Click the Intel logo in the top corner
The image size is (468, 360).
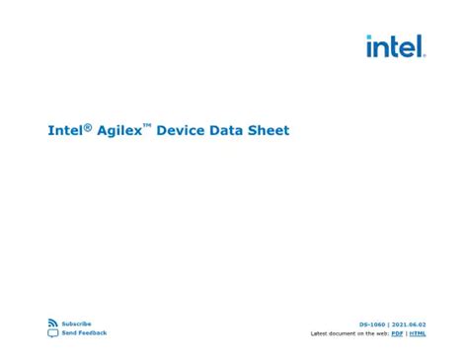(395, 46)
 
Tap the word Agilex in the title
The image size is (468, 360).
(117, 130)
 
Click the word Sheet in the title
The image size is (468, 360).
(271, 130)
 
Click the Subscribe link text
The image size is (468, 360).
(76, 324)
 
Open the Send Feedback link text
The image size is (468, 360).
(84, 333)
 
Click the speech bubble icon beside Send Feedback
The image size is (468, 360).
(52, 333)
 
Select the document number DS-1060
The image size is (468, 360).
(372, 324)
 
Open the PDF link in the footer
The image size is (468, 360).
(397, 333)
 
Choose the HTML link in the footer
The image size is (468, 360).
(419, 333)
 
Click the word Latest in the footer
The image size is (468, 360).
(320, 333)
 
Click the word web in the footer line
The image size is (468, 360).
(381, 333)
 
